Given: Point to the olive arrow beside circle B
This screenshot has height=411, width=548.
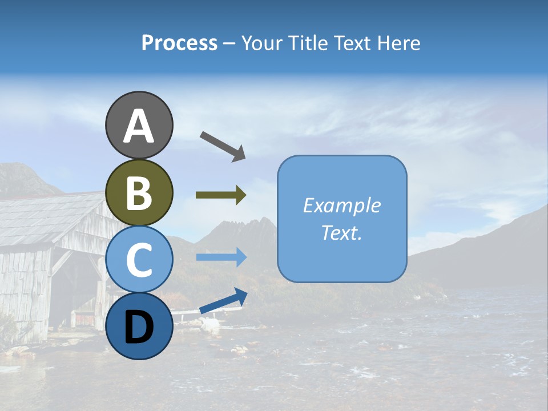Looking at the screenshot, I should pos(221,195).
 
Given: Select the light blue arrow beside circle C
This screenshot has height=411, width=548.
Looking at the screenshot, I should pos(221,257).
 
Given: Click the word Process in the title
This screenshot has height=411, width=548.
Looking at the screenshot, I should pos(179,43).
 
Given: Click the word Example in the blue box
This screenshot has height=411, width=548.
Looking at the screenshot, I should pos(341,205).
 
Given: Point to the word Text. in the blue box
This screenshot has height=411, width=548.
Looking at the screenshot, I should pos(341,232).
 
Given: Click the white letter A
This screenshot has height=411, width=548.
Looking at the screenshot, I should pos(139,126).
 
